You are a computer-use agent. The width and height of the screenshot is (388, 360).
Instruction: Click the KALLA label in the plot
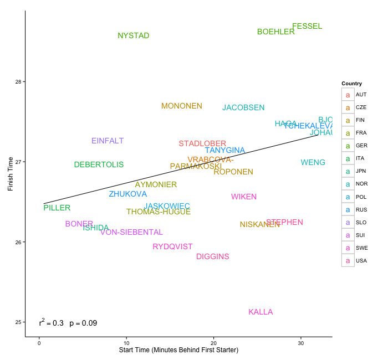click(x=261, y=312)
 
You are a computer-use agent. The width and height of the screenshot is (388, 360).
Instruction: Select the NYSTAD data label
click(x=134, y=36)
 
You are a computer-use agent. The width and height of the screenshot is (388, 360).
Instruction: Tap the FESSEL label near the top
click(x=307, y=27)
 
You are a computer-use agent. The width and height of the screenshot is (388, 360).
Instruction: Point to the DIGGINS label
click(x=212, y=256)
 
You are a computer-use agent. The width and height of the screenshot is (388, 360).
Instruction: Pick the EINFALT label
click(x=108, y=141)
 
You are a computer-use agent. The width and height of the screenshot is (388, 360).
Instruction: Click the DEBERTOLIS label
click(x=99, y=164)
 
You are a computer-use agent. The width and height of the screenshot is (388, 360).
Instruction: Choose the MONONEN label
click(x=182, y=106)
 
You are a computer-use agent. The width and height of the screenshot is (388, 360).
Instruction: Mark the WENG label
click(x=313, y=162)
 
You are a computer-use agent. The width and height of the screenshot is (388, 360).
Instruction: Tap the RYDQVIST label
click(x=172, y=246)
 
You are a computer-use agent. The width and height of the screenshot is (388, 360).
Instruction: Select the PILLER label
click(x=57, y=208)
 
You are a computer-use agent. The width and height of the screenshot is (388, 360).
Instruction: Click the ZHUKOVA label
click(x=127, y=194)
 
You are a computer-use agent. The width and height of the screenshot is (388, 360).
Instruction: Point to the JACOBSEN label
click(x=243, y=108)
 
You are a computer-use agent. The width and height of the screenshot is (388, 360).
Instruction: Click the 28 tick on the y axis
click(x=18, y=82)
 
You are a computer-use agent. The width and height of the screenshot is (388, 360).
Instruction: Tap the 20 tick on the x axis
click(x=214, y=343)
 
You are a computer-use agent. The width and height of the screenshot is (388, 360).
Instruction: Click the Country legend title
click(x=351, y=84)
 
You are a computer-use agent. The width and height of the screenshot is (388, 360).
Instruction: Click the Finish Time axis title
click(x=11, y=173)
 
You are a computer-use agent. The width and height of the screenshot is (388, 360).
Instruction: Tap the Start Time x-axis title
click(x=178, y=351)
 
